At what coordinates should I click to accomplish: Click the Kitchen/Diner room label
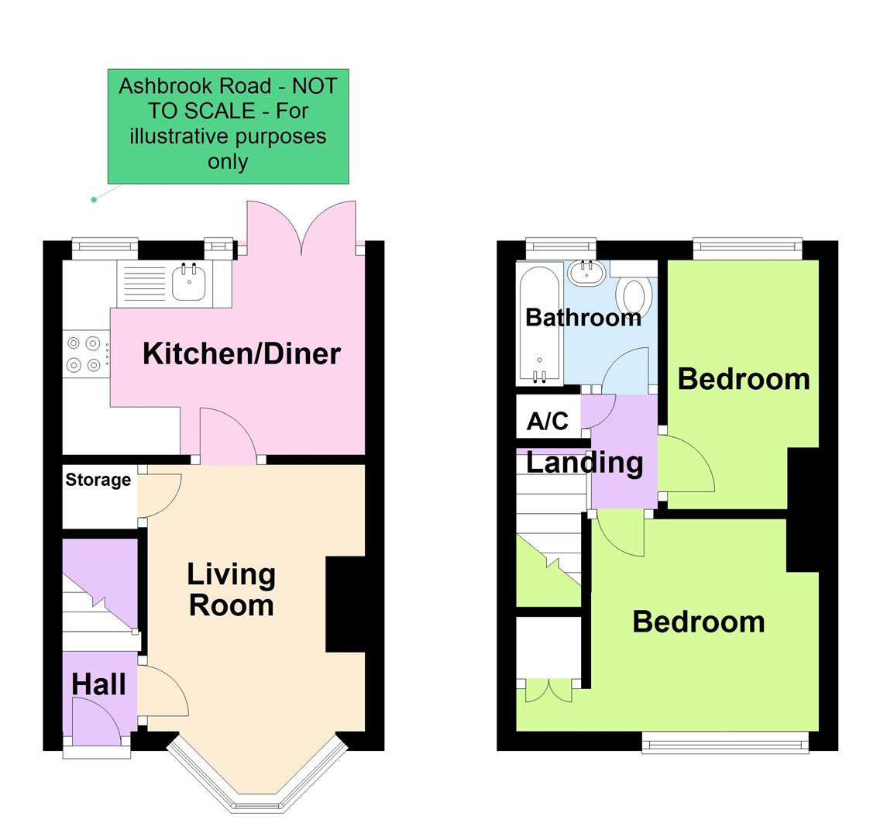pos(242,353)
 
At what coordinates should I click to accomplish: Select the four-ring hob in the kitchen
pos(84,353)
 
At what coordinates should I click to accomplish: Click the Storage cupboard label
pos(98,480)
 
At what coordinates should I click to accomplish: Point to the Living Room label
pos(232,589)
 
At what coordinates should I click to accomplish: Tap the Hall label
pos(98,684)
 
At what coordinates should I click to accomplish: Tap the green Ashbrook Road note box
pos(228,126)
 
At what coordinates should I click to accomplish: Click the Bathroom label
pos(583,317)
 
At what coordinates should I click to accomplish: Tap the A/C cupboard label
pos(547,421)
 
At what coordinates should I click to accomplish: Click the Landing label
pos(584,463)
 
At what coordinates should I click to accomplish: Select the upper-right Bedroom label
pos(743,379)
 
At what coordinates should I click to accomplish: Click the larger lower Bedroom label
pos(698,622)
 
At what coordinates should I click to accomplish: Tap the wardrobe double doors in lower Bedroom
pos(549,690)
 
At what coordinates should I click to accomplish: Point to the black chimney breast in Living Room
pos(345,604)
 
